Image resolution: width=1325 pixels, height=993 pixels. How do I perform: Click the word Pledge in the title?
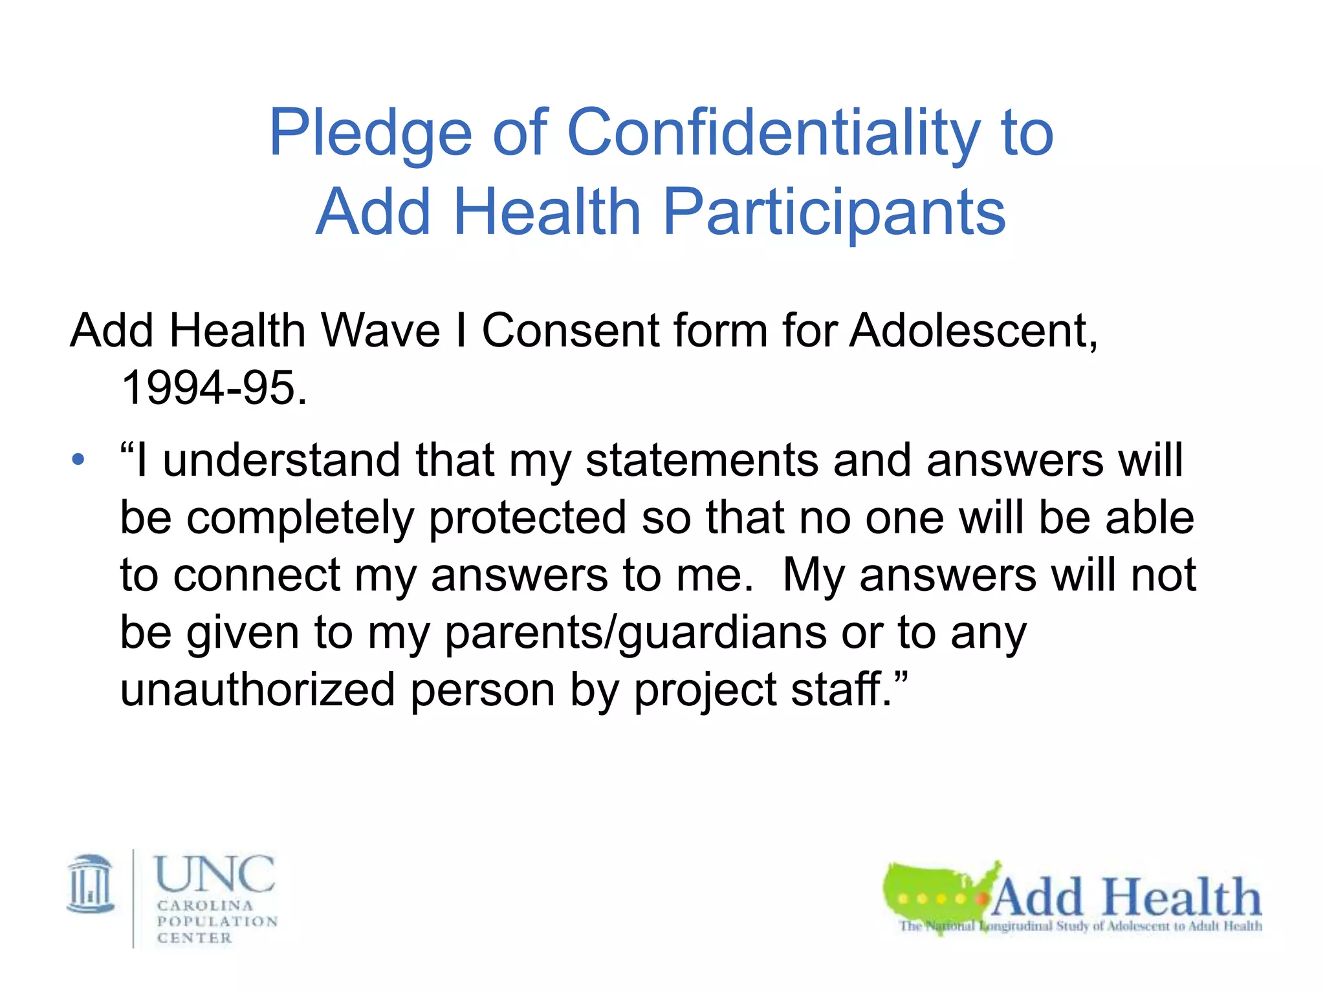(x=370, y=134)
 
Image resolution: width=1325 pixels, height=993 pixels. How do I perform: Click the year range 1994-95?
(x=214, y=388)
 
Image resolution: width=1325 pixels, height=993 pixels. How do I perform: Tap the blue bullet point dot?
(x=78, y=460)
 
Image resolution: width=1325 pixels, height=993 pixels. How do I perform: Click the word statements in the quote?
(x=701, y=460)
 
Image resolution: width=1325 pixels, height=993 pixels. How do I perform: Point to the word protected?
(x=527, y=518)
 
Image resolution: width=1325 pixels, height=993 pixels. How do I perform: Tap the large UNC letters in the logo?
(x=215, y=874)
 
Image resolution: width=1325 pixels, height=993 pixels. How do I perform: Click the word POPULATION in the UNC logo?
(x=217, y=921)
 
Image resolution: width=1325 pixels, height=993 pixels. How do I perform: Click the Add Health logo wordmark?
(x=1126, y=897)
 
